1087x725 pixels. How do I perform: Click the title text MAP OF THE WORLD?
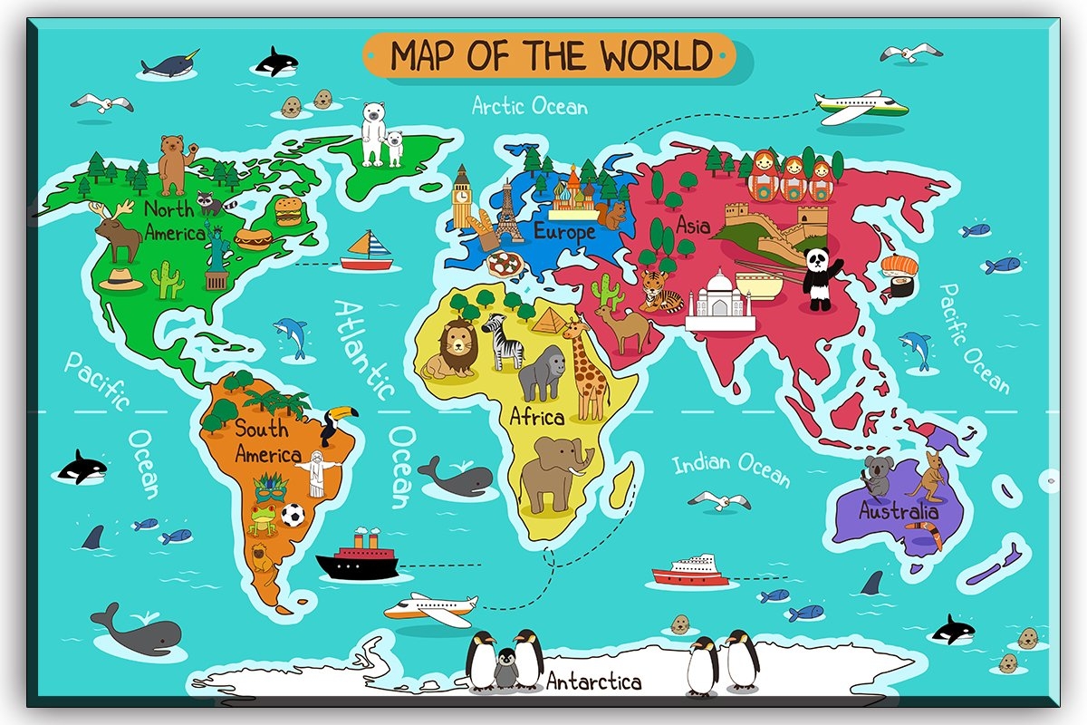pyautogui.click(x=550, y=56)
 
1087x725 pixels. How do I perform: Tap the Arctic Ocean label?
pyautogui.click(x=530, y=106)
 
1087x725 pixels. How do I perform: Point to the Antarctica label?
pyautogui.click(x=594, y=681)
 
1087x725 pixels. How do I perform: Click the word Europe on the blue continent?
pyautogui.click(x=563, y=232)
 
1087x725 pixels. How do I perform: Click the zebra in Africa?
pyautogui.click(x=503, y=341)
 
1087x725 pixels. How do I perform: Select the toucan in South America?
pyautogui.click(x=337, y=423)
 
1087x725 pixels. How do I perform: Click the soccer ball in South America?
pyautogui.click(x=292, y=516)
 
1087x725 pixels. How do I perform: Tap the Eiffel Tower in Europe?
pyautogui.click(x=506, y=214)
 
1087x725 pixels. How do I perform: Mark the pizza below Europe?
pyautogui.click(x=504, y=265)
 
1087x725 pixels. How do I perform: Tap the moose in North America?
pyautogui.click(x=116, y=232)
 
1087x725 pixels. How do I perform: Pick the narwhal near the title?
pyautogui.click(x=170, y=66)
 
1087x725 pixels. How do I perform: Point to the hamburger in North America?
pyautogui.click(x=288, y=211)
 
